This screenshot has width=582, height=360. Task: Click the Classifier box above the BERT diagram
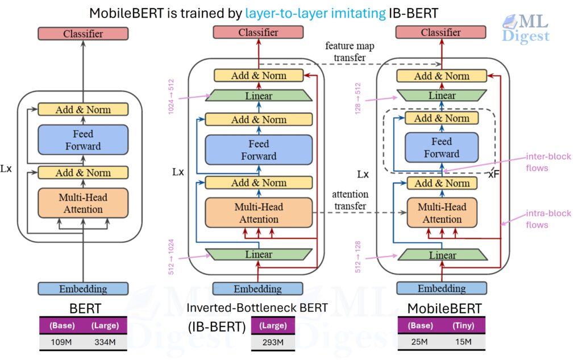[x=83, y=34]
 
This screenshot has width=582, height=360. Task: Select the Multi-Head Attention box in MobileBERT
[x=442, y=213]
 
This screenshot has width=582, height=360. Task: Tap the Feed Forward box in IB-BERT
[x=259, y=150]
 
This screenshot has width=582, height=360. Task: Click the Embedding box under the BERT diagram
[x=83, y=289]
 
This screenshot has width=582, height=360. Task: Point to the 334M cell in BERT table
[x=104, y=341]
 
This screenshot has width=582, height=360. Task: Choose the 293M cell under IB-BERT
[x=273, y=342]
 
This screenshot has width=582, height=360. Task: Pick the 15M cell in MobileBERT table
[x=464, y=341]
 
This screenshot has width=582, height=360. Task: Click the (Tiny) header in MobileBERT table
[x=464, y=326]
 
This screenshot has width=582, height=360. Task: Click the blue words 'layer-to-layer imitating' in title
[x=315, y=12]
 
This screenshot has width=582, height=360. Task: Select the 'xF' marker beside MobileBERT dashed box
[x=493, y=174]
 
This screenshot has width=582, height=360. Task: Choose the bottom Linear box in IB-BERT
[x=259, y=254]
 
